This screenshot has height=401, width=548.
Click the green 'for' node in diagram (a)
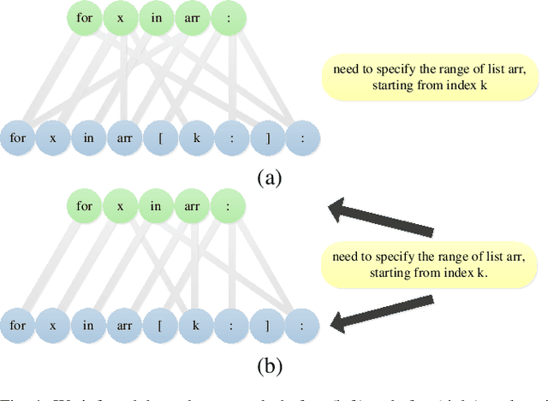pos(84,17)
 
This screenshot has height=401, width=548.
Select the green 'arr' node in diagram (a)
pos(191,17)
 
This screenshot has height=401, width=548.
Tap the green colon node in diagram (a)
pos(227,17)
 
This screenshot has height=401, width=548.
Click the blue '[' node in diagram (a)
pos(158,137)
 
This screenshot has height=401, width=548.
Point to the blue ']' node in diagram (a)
pos(266,137)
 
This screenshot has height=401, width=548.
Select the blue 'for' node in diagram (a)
pos(17,137)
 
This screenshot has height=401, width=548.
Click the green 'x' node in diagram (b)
pos(120,206)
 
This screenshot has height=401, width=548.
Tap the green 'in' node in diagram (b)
pos(156,206)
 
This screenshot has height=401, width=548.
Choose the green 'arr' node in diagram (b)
pos(191,206)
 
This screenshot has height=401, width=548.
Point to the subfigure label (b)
pos(269,367)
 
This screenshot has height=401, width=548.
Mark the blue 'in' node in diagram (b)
pos(87,326)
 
